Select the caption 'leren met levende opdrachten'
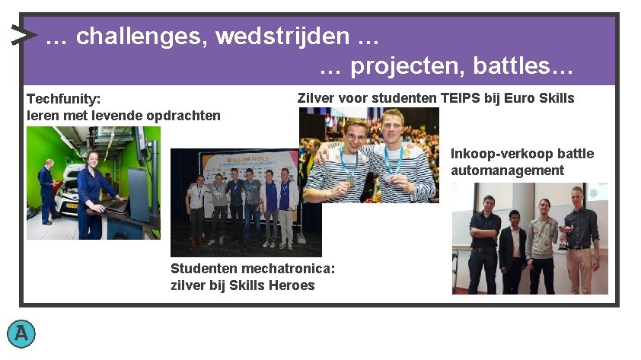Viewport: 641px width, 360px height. point(123,116)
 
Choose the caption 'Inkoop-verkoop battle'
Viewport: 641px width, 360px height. point(521,154)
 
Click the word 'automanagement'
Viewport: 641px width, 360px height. point(507,170)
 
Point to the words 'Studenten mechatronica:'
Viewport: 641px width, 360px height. point(253,269)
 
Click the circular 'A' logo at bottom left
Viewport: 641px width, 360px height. point(21,333)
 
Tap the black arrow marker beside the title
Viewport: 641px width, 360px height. point(24,35)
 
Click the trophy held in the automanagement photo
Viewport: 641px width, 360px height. point(563,236)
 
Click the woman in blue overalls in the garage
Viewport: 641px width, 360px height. point(94,194)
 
